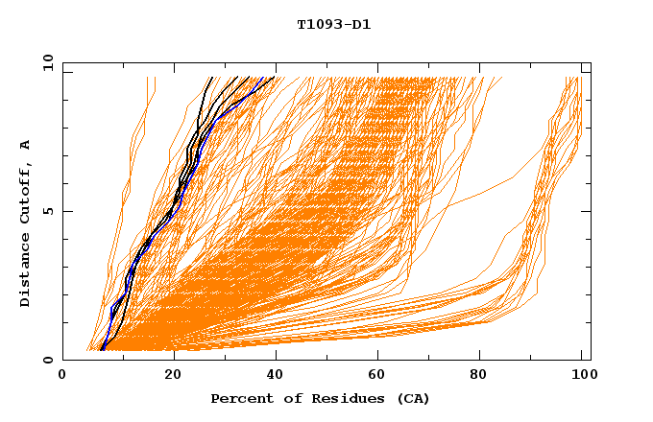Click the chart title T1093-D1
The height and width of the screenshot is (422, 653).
(x=333, y=24)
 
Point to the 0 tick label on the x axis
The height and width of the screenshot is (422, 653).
(x=62, y=375)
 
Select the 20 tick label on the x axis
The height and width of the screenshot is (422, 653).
(x=174, y=375)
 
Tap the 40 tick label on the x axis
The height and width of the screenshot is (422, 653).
(x=278, y=375)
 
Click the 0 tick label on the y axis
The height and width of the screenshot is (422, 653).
(x=47, y=361)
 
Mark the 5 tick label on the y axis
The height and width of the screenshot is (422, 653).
(x=47, y=211)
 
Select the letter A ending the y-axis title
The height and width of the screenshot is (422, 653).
(x=25, y=145)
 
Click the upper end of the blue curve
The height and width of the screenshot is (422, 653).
(x=274, y=77)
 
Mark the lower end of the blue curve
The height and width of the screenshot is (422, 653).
(x=102, y=350)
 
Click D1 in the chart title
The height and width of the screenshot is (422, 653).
(x=361, y=24)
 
